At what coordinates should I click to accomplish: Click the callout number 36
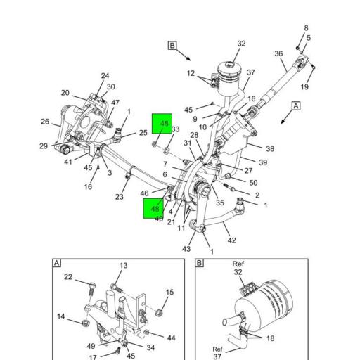[279, 54]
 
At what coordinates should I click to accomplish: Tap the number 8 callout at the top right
[306, 28]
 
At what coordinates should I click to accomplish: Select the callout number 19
[304, 87]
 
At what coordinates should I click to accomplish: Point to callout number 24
[105, 76]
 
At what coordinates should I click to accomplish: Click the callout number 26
[45, 122]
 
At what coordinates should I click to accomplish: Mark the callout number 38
[270, 149]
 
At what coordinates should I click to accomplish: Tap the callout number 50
[253, 184]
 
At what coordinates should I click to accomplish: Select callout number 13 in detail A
[124, 266]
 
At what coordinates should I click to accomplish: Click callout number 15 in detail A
[169, 292]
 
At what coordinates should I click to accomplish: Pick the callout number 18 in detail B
[271, 338]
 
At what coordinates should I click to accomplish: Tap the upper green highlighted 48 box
[162, 125]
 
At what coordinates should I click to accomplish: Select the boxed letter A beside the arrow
[296, 105]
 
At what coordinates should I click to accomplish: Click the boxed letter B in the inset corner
[199, 263]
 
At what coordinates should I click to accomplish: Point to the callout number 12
[191, 73]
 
